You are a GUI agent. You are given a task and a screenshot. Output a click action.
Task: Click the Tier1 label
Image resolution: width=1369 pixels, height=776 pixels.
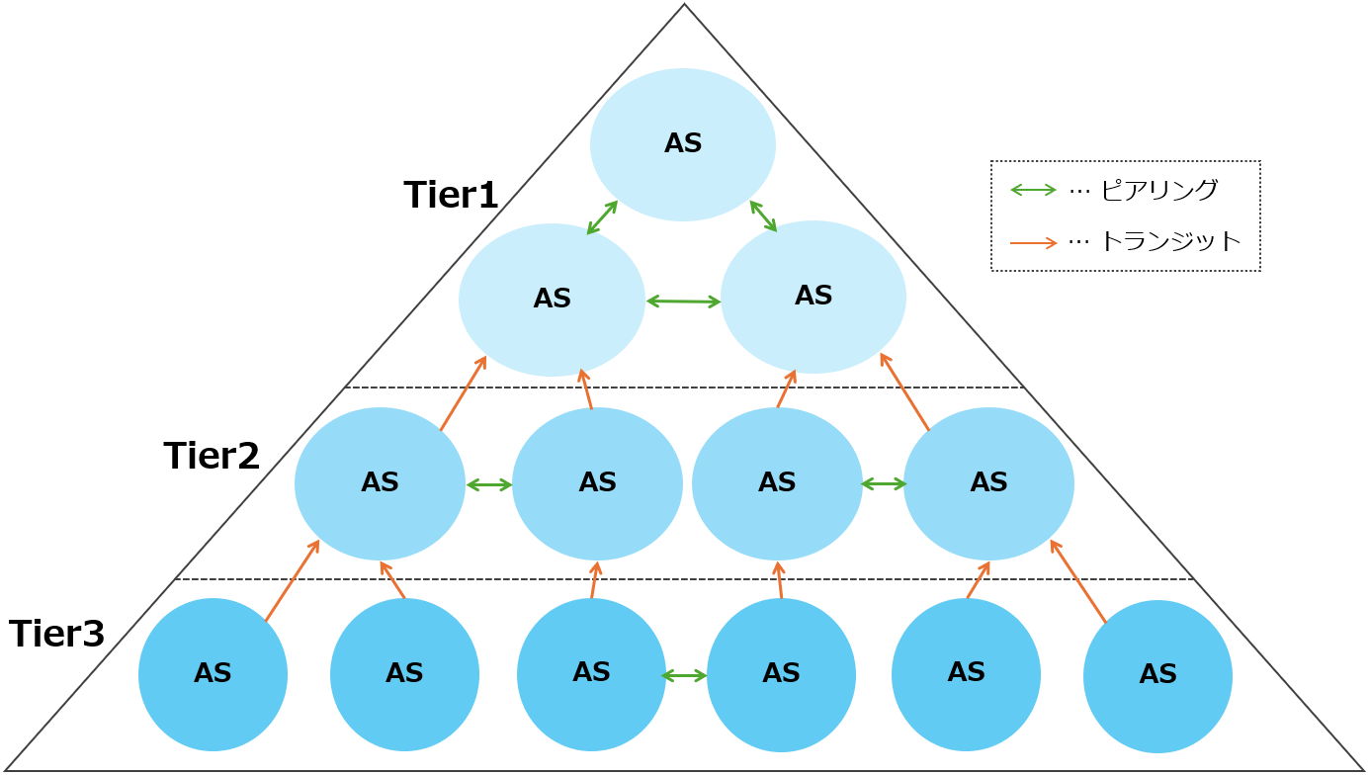pos(451,195)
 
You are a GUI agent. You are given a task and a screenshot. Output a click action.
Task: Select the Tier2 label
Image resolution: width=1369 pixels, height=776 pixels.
pos(212,456)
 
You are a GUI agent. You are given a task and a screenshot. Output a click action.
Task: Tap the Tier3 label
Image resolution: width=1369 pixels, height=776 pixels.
pos(56,634)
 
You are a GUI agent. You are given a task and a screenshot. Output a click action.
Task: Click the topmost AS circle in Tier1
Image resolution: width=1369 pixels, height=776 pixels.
pos(683,144)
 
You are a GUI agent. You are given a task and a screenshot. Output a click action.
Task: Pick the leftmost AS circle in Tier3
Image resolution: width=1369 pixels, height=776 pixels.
pos(213,674)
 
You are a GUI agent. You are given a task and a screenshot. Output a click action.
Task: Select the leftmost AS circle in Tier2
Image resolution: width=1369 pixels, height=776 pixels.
pos(380,483)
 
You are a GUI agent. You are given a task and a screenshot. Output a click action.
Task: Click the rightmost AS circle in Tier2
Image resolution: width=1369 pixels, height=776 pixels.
pos(988,483)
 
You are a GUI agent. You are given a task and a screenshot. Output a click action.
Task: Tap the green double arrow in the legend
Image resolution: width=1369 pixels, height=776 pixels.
pos(1033,190)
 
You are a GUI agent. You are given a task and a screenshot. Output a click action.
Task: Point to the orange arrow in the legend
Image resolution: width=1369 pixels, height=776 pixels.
pos(1033,241)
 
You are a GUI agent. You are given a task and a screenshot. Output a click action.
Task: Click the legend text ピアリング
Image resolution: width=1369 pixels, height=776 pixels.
pos(1158,190)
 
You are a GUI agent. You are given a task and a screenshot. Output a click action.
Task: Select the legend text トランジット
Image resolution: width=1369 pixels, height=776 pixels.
pos(1169,241)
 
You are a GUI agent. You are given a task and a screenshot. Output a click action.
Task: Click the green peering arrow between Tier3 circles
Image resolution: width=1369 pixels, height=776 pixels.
pos(684,676)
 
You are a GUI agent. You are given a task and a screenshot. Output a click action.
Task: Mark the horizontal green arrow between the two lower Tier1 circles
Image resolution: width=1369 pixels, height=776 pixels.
pos(683,301)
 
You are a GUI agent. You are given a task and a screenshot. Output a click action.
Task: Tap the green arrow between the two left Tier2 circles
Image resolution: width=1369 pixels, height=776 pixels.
pos(489,484)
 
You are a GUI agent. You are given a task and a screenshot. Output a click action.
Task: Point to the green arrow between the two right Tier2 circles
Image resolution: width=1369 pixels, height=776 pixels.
pos(884,484)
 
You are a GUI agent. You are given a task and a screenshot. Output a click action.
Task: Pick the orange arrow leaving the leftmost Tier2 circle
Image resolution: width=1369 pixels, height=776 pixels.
pos(463,393)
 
